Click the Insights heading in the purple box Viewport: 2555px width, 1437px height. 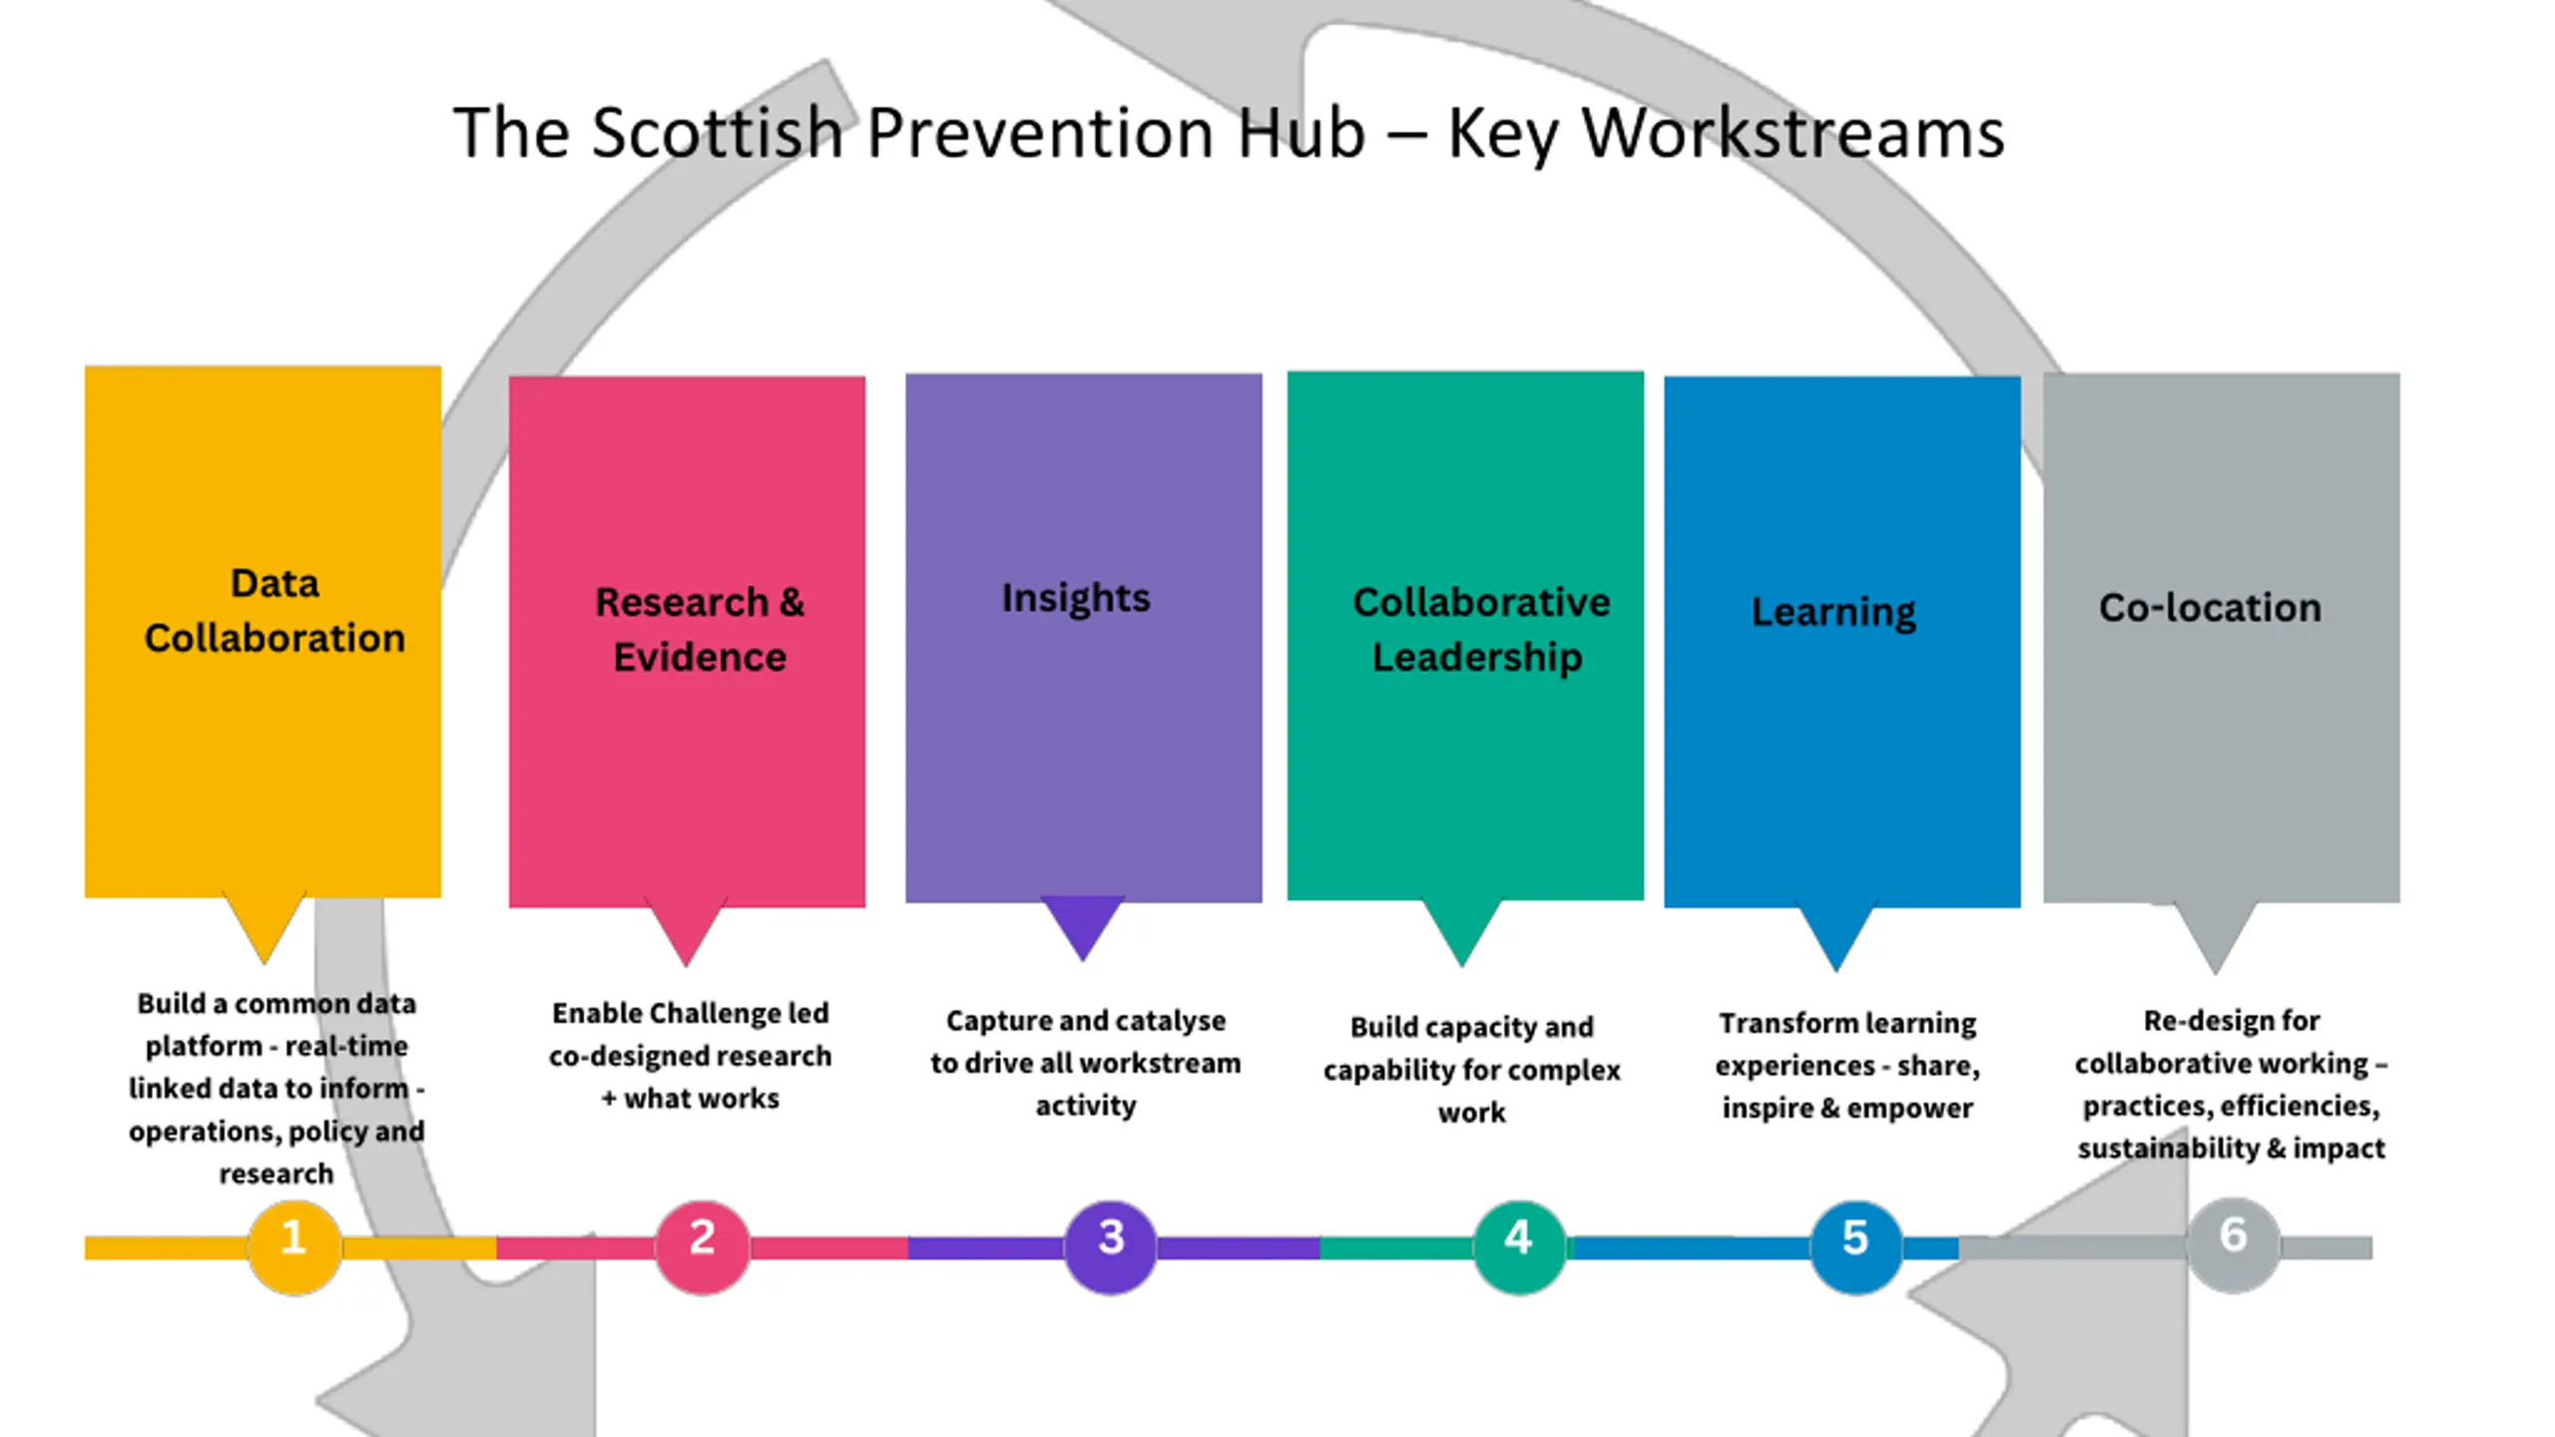click(1076, 599)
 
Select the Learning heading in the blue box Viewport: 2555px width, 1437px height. click(1833, 613)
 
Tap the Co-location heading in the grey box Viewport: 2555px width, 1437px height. click(2210, 608)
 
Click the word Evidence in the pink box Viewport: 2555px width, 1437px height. click(700, 658)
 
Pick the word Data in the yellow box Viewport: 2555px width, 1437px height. click(274, 584)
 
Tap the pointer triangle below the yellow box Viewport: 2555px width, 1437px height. click(264, 927)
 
